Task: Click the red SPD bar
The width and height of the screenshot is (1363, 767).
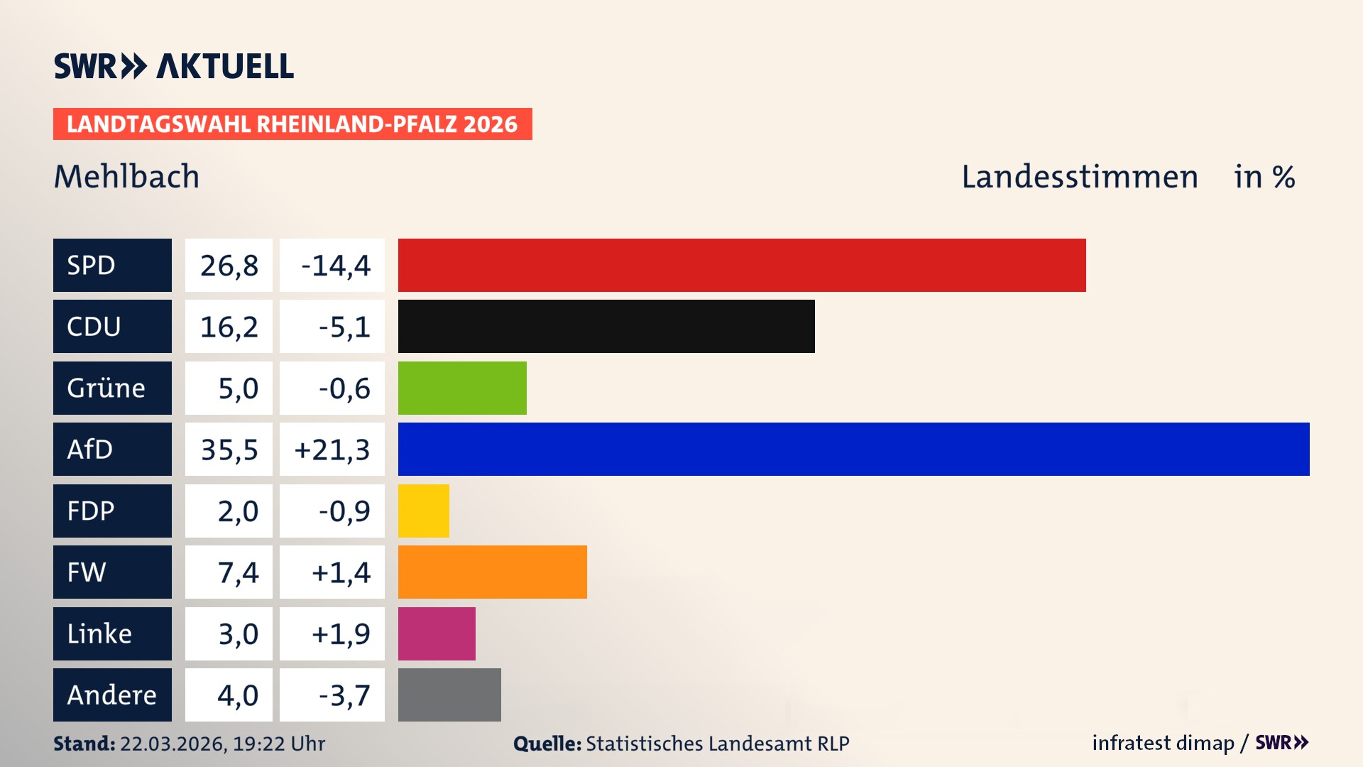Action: [742, 265]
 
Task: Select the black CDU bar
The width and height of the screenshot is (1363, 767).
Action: [606, 327]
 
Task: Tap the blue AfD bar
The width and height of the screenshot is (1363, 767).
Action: [853, 449]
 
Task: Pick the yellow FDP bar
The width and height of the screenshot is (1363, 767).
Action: [424, 511]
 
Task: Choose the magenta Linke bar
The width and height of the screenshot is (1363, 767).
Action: [437, 633]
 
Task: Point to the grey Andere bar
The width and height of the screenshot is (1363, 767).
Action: [449, 695]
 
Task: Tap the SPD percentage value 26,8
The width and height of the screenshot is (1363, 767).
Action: [229, 266]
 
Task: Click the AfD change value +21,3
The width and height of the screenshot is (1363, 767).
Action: [332, 450]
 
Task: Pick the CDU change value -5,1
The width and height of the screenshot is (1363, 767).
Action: [344, 327]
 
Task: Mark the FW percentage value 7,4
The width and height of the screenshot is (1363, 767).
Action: [238, 572]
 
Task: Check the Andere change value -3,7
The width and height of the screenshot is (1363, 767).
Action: [344, 695]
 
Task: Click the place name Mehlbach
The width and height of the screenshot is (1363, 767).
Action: [127, 177]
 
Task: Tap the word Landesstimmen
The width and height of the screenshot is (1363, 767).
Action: [1079, 177]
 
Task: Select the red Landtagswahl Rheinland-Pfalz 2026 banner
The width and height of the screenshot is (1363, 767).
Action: [292, 124]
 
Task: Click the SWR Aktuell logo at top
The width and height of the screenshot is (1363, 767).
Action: [173, 66]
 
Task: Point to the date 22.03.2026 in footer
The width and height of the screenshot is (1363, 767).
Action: [173, 744]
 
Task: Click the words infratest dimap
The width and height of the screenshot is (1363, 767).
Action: [1163, 743]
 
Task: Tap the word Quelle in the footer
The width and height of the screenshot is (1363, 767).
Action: [547, 744]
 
